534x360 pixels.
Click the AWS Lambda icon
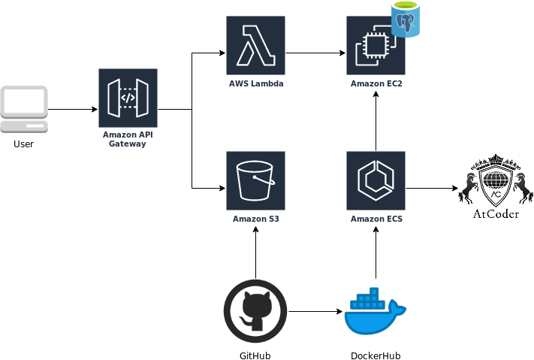[256, 45]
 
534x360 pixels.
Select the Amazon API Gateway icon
[128, 98]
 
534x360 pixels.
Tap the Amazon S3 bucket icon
[256, 180]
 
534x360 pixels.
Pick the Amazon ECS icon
[376, 180]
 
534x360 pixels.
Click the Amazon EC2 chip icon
[376, 45]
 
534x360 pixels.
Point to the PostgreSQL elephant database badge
[406, 20]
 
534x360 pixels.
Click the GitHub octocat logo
[255, 311]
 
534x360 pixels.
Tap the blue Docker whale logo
[376, 311]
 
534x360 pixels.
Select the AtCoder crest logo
[496, 186]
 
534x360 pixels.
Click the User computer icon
[24, 109]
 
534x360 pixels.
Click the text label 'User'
[23, 144]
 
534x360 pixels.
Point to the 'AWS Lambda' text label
[256, 83]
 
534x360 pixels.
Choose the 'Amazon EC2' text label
[376, 83]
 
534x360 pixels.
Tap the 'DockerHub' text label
[376, 355]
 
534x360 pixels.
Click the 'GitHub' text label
[255, 355]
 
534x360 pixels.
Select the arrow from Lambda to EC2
[315, 53]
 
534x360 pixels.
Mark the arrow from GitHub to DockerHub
[315, 311]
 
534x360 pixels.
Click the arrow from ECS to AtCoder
[432, 188]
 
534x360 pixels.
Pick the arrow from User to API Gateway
[73, 109]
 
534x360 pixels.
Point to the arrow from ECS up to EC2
[376, 121]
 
